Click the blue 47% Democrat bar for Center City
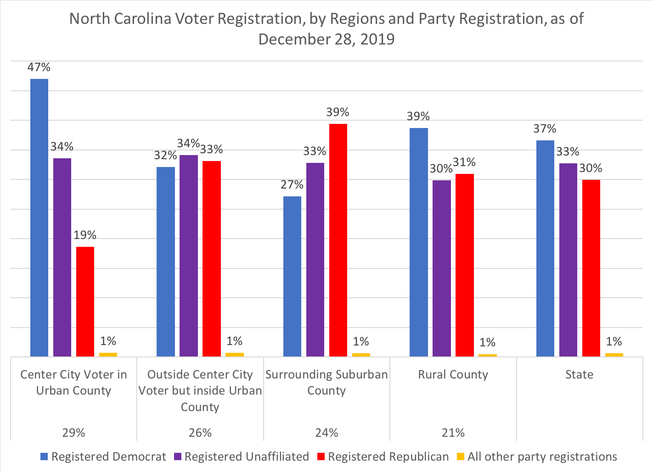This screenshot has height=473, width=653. [x=39, y=217]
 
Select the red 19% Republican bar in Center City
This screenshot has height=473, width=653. [x=85, y=301]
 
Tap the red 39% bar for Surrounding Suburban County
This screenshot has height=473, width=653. [x=338, y=240]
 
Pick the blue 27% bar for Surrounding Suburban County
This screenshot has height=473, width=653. [x=292, y=276]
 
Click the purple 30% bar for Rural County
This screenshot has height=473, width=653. [x=441, y=268]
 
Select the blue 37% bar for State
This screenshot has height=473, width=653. [x=545, y=248]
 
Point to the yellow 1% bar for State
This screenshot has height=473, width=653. [x=614, y=355]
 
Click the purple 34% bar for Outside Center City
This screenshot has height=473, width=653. [x=189, y=256]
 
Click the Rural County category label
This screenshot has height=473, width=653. [x=453, y=375]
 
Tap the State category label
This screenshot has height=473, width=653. [x=579, y=375]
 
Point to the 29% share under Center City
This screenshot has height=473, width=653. [x=73, y=433]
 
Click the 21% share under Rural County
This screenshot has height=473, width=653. [x=453, y=433]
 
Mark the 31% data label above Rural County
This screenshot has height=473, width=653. [x=464, y=162]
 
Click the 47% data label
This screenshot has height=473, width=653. [x=39, y=67]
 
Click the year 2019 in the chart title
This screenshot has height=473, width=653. [x=377, y=39]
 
